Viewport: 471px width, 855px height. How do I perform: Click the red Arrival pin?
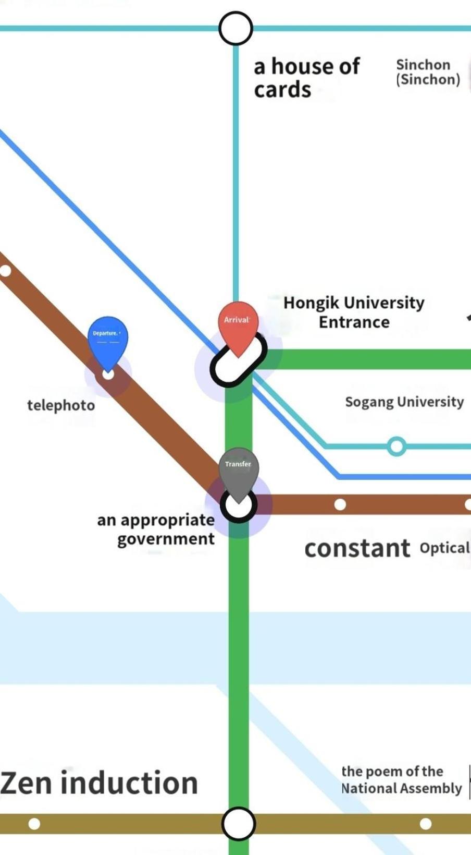click(x=238, y=328)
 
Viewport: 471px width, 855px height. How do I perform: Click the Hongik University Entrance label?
click(x=354, y=312)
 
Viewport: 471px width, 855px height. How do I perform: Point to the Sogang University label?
click(x=404, y=402)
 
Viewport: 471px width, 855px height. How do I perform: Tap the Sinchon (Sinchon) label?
click(x=428, y=72)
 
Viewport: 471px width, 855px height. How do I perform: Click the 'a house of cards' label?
click(x=307, y=78)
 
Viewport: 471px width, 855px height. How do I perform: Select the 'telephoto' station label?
click(x=61, y=405)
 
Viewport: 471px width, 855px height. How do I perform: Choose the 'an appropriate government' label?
click(x=156, y=530)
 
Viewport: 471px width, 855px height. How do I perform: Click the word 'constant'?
click(x=357, y=548)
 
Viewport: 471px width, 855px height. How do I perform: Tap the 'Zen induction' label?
click(x=99, y=783)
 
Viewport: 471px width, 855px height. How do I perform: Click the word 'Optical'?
click(x=445, y=548)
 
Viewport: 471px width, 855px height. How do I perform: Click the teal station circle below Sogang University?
click(x=396, y=446)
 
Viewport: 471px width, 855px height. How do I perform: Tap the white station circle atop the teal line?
click(x=235, y=28)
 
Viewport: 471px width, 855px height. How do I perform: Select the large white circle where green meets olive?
click(x=239, y=823)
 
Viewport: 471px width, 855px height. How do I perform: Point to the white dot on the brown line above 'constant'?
click(x=340, y=504)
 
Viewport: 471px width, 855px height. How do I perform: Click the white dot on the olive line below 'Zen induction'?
click(x=34, y=824)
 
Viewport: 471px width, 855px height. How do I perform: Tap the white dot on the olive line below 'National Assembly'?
click(x=426, y=824)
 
